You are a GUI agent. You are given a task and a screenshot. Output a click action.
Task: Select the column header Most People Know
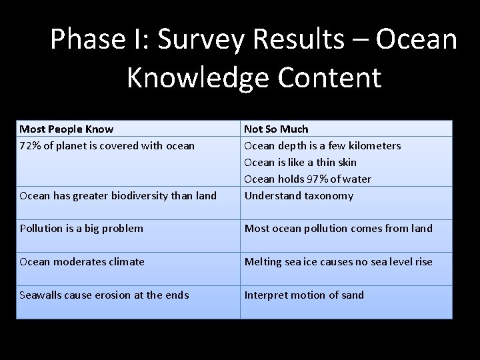[66, 129]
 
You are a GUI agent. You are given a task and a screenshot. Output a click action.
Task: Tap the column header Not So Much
[276, 129]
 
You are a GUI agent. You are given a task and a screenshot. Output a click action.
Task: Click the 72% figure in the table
[31, 145]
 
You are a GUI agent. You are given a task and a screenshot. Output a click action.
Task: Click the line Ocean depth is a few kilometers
[322, 145]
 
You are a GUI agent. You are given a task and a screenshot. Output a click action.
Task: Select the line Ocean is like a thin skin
[300, 162]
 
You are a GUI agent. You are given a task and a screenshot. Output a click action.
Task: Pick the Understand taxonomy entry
[299, 195]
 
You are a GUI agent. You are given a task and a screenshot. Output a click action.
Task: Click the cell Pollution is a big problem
[81, 229]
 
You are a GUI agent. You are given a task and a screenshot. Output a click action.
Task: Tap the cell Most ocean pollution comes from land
[338, 229]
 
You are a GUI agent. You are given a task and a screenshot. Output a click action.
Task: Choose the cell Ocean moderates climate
[81, 261]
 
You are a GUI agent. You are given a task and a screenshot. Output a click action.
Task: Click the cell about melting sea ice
[338, 261]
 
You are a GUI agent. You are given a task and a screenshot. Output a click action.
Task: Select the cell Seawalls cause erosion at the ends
[103, 295]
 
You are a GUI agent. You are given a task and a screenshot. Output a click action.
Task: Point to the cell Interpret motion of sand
[304, 295]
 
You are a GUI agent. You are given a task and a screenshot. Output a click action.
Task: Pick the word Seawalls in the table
[40, 295]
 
